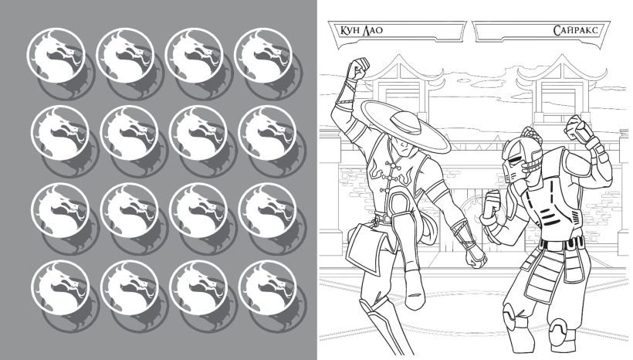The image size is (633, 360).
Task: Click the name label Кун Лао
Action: click(x=361, y=30)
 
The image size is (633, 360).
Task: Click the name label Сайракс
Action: click(x=575, y=30)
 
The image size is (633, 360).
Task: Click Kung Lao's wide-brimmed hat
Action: click(x=405, y=125)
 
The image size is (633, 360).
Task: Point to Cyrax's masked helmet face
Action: click(x=517, y=160)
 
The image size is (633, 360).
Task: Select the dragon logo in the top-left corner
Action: click(x=56, y=56)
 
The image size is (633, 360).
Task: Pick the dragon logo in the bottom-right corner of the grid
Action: click(x=268, y=288)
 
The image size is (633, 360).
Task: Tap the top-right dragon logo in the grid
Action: click(x=262, y=56)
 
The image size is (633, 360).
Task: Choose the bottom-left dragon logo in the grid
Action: click(x=60, y=288)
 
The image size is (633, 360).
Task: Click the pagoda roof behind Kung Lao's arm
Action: click(x=398, y=72)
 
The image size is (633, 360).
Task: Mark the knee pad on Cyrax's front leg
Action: click(x=512, y=314)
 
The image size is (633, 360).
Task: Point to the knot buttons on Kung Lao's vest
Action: click(x=392, y=181)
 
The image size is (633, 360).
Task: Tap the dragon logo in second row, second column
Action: click(x=129, y=133)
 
